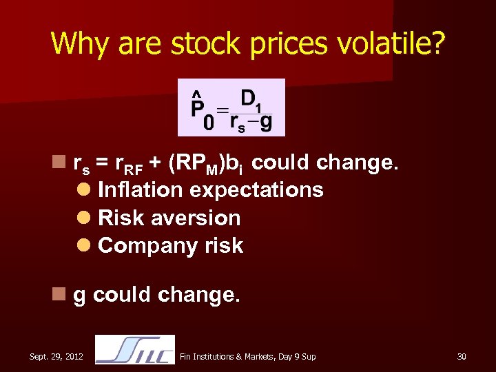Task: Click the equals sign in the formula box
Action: (223, 110)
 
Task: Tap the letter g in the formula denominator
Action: (266, 123)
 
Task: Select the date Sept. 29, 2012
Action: (56, 356)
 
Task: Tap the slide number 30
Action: (462, 356)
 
